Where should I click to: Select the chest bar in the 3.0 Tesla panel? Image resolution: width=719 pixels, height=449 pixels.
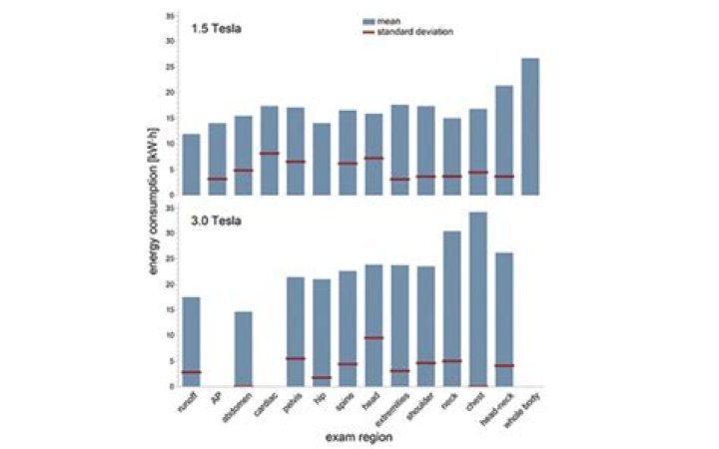[x=478, y=298]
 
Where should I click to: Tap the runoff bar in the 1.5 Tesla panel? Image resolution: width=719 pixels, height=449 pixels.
[x=191, y=164]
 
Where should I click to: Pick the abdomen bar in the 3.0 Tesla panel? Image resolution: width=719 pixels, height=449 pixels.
[x=244, y=348]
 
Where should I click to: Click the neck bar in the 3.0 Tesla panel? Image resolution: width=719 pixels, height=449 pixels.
[x=452, y=308]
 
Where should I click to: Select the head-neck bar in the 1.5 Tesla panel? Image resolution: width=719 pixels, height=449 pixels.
[x=504, y=140]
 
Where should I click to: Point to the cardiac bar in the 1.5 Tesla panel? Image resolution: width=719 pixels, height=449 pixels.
[x=270, y=150]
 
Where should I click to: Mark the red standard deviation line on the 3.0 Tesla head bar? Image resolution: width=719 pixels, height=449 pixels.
[x=373, y=338]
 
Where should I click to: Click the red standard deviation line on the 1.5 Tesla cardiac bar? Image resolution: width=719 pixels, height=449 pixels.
[x=270, y=153]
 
